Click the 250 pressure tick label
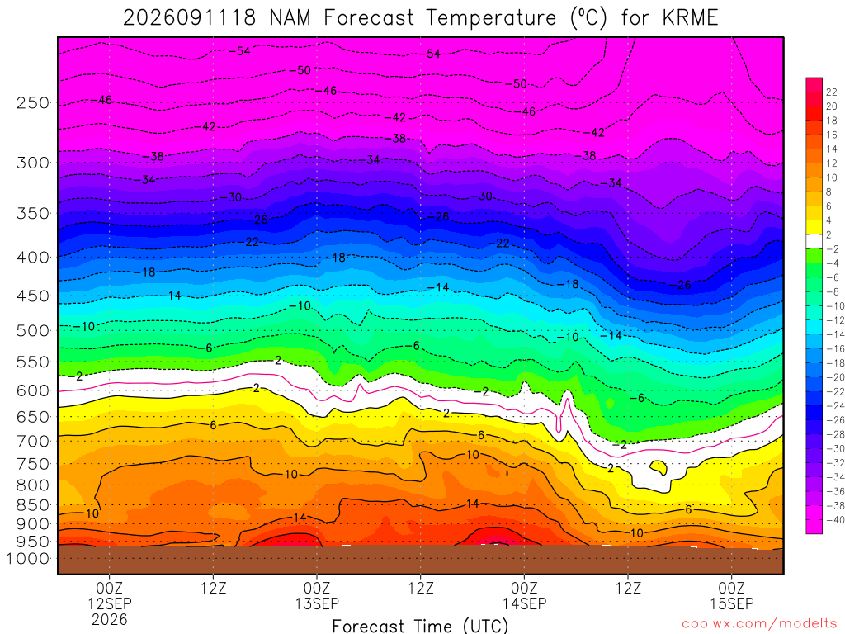[x=33, y=102]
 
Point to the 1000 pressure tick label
[x=29, y=559]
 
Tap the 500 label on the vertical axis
[x=33, y=330]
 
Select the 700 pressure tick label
[x=33, y=442]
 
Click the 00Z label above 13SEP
[x=317, y=588]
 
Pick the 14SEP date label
[x=524, y=603]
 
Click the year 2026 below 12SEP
[x=110, y=620]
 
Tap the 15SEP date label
[x=732, y=603]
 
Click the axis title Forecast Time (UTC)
[x=420, y=626]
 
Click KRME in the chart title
[x=691, y=18]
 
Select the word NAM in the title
[x=290, y=18]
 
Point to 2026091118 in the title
[x=190, y=18]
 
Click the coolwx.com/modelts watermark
[x=759, y=624]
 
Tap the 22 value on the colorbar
[x=831, y=92]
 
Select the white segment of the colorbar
[x=814, y=242]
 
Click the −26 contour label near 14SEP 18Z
[x=682, y=285]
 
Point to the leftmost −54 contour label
[x=240, y=51]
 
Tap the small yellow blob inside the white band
[x=659, y=466]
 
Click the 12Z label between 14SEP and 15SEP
[x=628, y=588]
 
